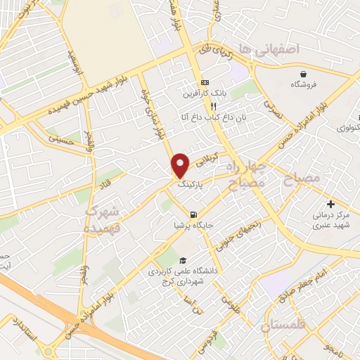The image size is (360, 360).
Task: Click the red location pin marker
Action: point(181,165)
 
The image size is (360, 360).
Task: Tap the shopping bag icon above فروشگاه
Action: point(303,73)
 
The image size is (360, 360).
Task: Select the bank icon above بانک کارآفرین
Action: point(205,82)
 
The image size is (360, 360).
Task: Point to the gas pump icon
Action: point(192,213)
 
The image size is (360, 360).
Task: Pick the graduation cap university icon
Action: point(183,259)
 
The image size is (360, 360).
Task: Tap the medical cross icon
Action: point(332,204)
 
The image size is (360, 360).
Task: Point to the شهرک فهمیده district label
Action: point(104,219)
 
